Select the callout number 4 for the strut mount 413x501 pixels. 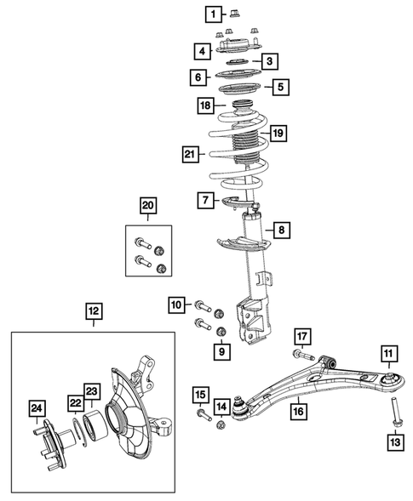tap(202, 51)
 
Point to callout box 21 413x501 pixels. tap(191, 155)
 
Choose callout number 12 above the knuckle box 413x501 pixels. tap(94, 312)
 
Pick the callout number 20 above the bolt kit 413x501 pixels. tap(149, 205)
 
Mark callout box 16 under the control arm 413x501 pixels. tap(297, 412)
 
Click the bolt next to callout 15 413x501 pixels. tap(202, 416)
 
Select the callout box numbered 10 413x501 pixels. tap(176, 304)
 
